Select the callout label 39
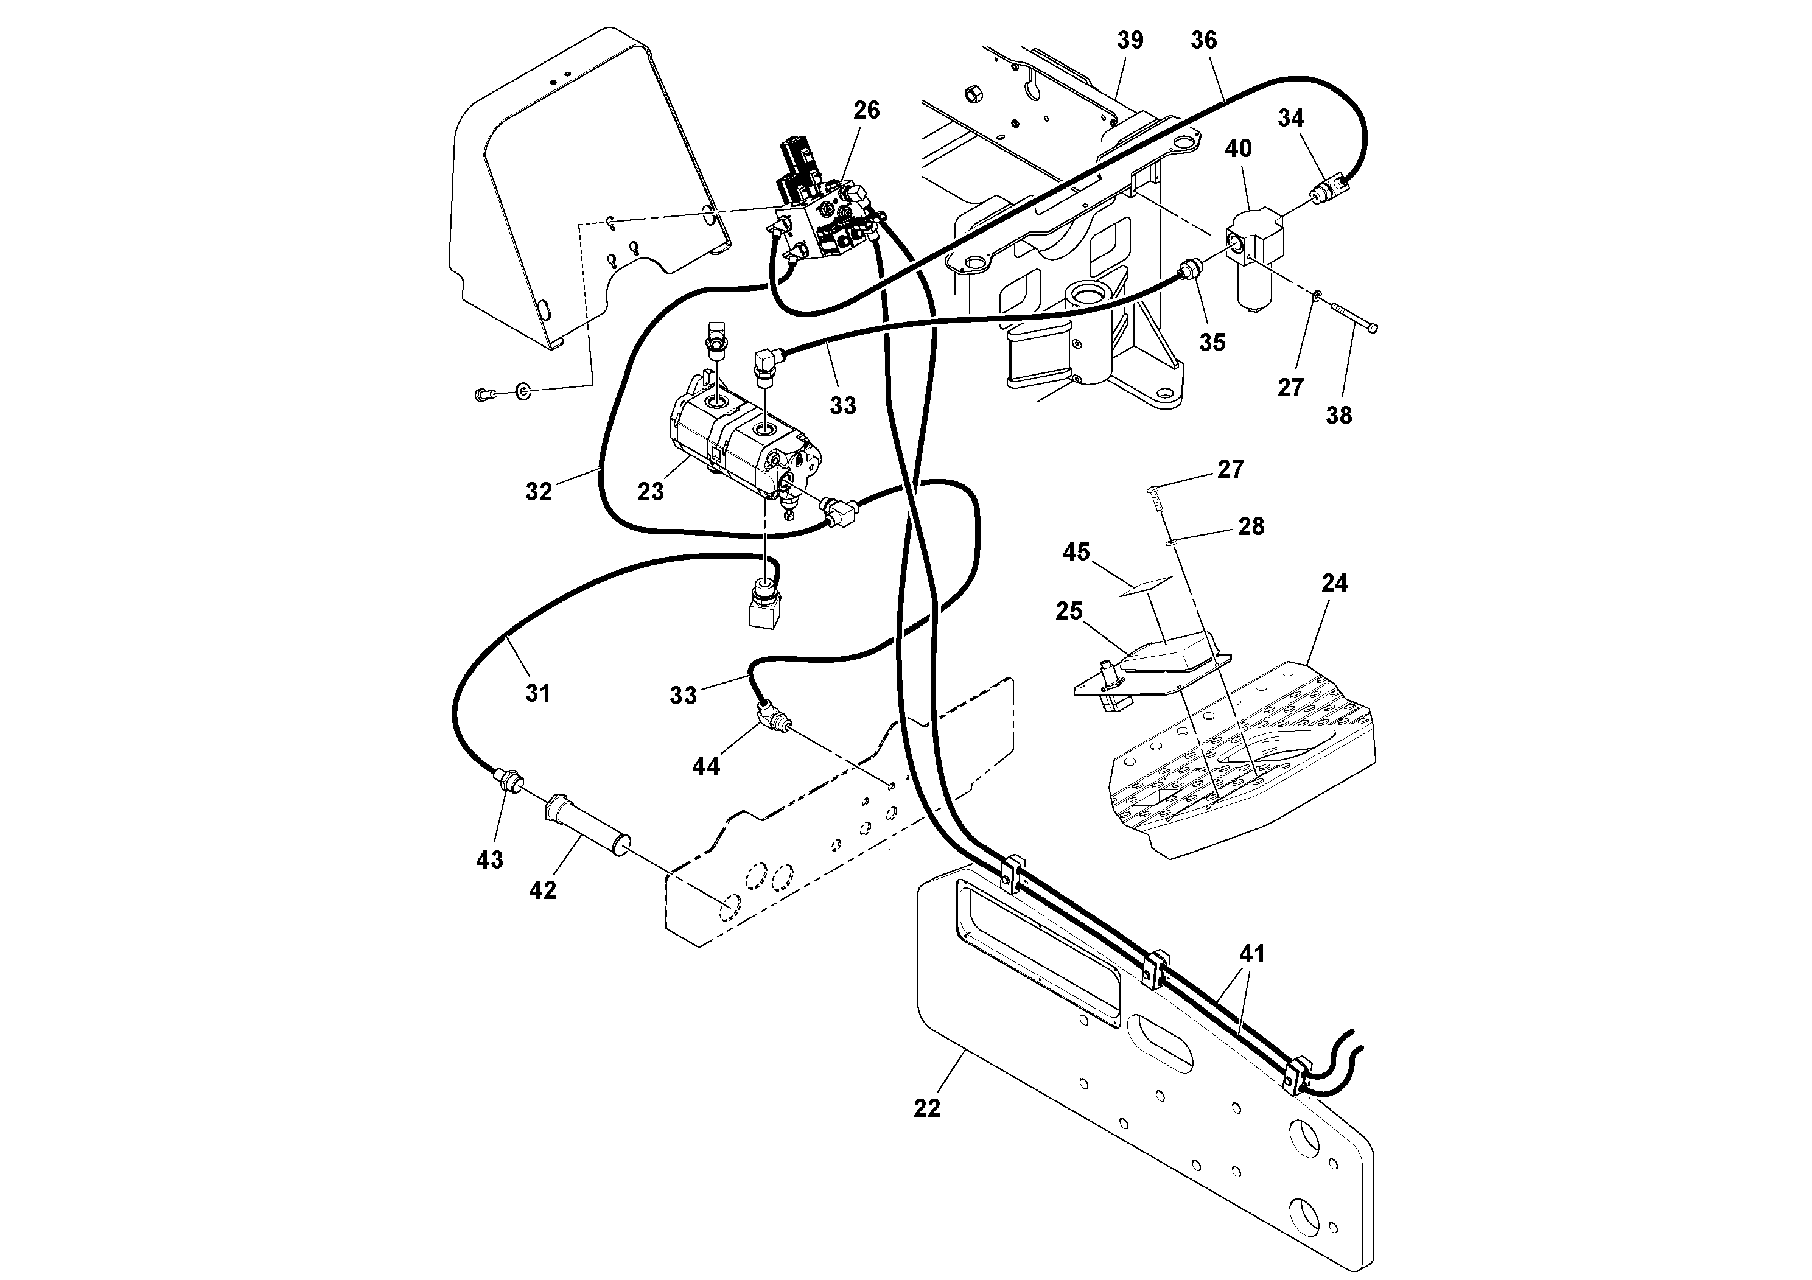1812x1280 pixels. point(1130,40)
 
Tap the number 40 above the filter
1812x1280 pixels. point(1238,149)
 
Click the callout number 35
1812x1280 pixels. point(1212,343)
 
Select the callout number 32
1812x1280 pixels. point(539,492)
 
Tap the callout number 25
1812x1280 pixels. point(1069,611)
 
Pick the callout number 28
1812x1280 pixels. point(1251,526)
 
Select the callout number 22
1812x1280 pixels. point(928,1109)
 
